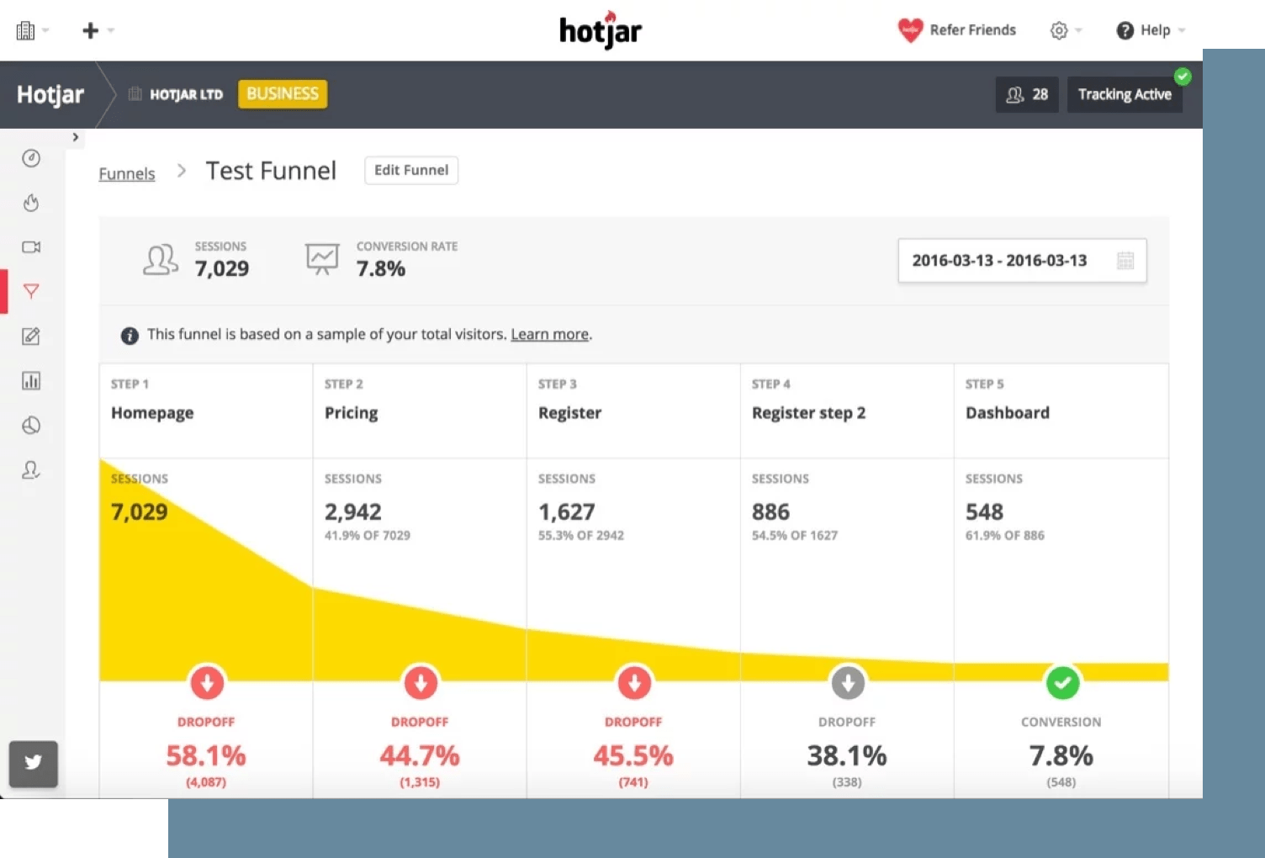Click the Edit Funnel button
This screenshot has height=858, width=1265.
pos(411,170)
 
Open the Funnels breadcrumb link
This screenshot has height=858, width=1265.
pos(127,173)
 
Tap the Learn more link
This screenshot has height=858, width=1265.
pos(549,334)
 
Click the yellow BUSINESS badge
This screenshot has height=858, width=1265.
pos(283,93)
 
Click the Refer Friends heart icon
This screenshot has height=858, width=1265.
pos(910,30)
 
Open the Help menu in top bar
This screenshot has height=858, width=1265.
pos(1150,30)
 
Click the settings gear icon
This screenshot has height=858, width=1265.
pos(1059,30)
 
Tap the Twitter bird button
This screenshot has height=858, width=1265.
pos(34,763)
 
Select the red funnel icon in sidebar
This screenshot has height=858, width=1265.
pos(31,291)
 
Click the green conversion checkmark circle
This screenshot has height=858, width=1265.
pos(1062,682)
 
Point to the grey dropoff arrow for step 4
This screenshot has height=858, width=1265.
pos(848,682)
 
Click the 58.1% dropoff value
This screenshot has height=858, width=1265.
pos(206,755)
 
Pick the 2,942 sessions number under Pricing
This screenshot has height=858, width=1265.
pos(353,511)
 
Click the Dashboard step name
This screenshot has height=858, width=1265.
pos(1008,412)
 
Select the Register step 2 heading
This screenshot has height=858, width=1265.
pos(808,412)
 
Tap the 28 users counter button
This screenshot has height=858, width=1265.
pos(1027,94)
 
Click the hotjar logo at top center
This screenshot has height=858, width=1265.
pos(601,31)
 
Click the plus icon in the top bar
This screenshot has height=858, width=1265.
pos(90,30)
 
